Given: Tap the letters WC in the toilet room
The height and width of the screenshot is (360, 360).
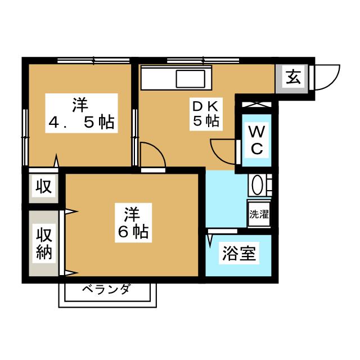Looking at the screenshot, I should (x=256, y=141).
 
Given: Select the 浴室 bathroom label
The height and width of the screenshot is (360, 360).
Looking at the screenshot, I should (x=239, y=255).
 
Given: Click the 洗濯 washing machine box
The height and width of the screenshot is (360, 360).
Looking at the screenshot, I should (x=259, y=214).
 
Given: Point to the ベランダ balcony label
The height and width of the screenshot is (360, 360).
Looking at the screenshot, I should (x=106, y=290).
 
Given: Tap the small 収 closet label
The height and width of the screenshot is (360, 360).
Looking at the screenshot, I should (x=44, y=186).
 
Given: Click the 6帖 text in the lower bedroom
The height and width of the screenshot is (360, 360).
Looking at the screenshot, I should (x=133, y=231).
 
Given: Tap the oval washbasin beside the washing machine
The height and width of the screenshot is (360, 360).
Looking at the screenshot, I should (x=259, y=185).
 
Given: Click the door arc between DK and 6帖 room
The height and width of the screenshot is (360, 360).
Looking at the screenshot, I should (x=152, y=155).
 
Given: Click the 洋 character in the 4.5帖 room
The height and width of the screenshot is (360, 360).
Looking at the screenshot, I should (x=80, y=105).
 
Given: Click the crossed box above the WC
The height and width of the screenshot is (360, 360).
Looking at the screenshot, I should (x=256, y=105).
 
